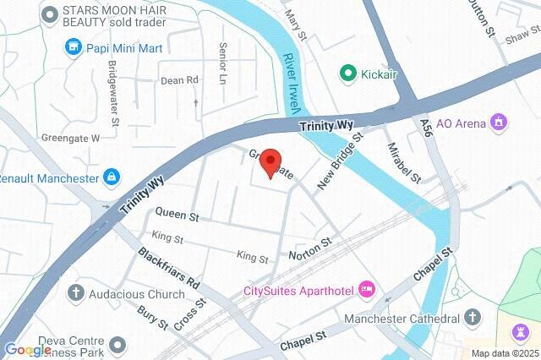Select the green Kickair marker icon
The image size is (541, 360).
[x=347, y=74]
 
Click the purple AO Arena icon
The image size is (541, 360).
[x=500, y=123]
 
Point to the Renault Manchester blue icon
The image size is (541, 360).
[x=111, y=178]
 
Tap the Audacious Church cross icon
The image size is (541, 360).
[x=76, y=294]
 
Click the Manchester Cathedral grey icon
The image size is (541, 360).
[x=473, y=319]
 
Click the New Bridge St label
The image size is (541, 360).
[x=340, y=160]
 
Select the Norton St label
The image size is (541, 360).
[x=310, y=243]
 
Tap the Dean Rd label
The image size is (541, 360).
[x=179, y=80]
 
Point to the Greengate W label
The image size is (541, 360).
[x=72, y=138]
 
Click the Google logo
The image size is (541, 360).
[x=28, y=350]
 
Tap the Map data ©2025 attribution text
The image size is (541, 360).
[x=504, y=353]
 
